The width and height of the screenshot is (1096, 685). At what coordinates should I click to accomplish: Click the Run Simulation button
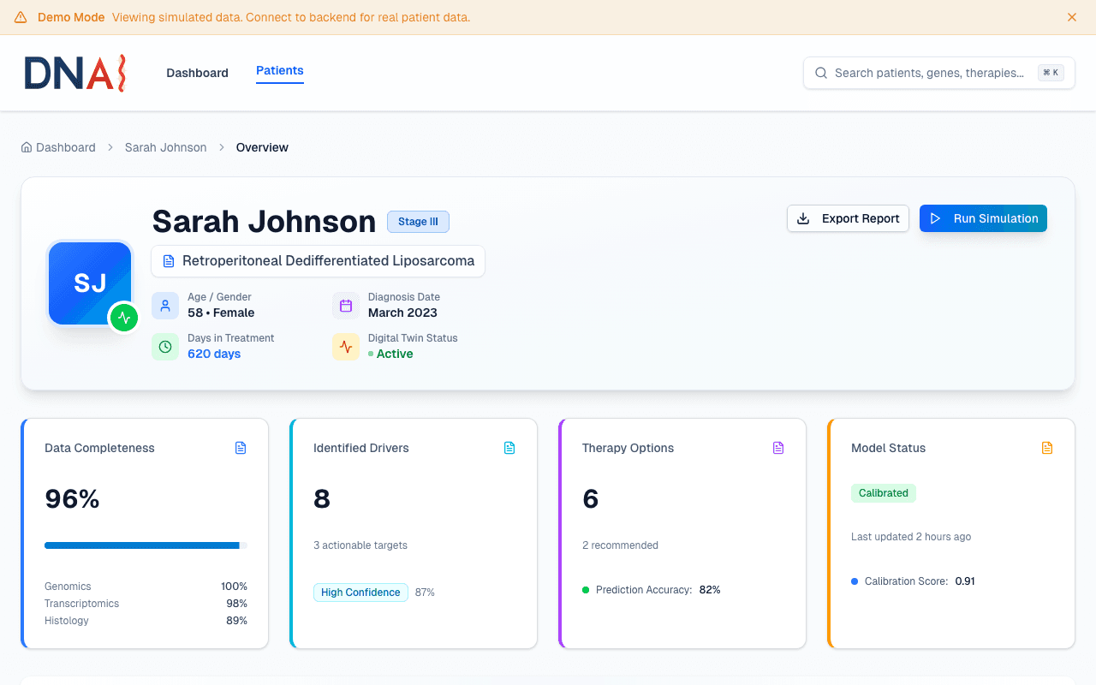(983, 218)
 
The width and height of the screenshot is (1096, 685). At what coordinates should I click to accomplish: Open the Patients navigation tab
(280, 71)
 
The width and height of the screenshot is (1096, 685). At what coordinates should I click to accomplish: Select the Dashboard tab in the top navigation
(197, 73)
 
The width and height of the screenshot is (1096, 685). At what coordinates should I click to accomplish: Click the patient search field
(929, 73)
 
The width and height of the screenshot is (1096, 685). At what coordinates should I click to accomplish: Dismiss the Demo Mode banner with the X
(1072, 17)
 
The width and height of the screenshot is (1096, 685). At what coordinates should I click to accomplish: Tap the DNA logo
(75, 73)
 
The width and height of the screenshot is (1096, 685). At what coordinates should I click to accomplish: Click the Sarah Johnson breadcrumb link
(165, 147)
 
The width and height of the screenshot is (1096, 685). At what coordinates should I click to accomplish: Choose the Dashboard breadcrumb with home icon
(58, 147)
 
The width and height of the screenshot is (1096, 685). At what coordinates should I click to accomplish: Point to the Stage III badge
(418, 222)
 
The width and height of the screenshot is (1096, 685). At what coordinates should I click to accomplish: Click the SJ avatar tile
(90, 283)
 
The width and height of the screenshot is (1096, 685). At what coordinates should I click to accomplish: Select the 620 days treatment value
(214, 354)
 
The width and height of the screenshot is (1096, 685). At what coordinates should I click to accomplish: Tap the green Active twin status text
(395, 354)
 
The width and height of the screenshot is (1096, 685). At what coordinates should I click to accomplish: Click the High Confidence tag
(360, 593)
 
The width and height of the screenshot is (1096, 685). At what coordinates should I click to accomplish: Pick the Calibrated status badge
(883, 493)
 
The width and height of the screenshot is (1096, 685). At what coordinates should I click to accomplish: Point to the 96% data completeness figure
(73, 498)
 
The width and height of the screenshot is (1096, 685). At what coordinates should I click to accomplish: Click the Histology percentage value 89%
(236, 621)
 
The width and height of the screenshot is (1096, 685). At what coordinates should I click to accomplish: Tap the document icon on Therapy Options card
(778, 448)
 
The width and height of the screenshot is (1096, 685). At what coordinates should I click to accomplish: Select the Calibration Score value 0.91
(965, 581)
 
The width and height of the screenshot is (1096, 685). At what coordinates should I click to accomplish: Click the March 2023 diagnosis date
(402, 313)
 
